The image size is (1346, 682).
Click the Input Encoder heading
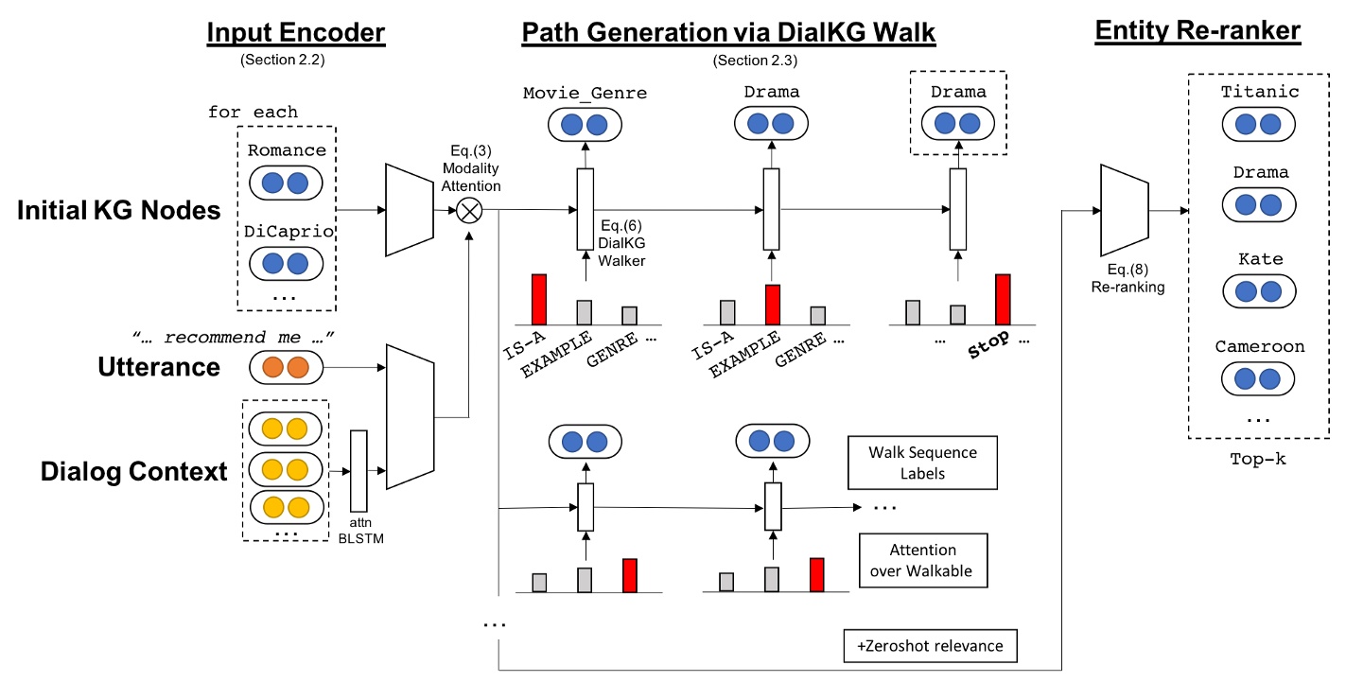point(296,33)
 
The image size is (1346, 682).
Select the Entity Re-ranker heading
point(1197,31)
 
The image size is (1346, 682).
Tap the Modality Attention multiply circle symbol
point(469,210)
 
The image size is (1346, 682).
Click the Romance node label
point(287,150)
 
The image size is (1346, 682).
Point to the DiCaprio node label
point(287,232)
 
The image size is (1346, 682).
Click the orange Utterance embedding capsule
point(286,366)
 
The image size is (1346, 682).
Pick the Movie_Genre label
point(585,93)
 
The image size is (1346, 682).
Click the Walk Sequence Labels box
point(922,463)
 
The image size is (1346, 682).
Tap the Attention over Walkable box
point(922,560)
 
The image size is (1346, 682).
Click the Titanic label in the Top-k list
point(1260,92)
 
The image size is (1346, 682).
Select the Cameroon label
point(1260,346)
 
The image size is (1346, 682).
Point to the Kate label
point(1260,258)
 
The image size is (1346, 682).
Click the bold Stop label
point(988,338)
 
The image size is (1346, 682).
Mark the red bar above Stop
point(1003,299)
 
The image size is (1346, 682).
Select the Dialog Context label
point(134,470)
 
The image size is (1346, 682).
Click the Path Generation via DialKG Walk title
point(727,33)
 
